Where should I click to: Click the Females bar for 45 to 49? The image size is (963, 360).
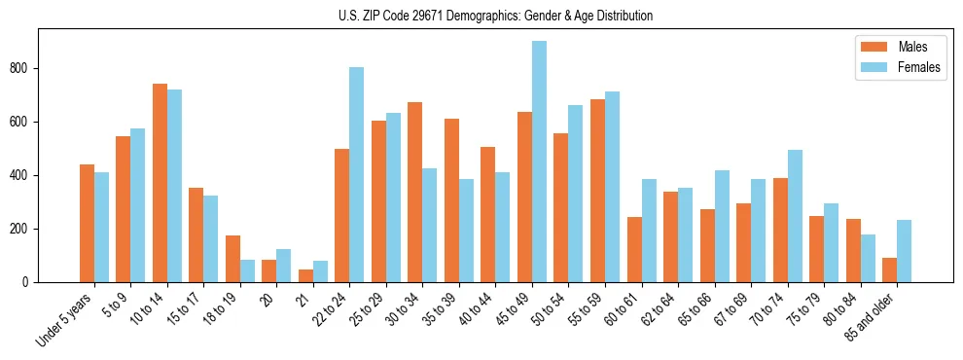(x=539, y=162)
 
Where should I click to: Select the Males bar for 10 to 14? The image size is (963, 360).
(x=160, y=183)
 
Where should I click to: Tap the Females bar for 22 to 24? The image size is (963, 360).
(x=357, y=175)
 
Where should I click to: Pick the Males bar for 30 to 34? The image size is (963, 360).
(x=415, y=193)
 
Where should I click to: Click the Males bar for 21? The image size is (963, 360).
(x=305, y=275)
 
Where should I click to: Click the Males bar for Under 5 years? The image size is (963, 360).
(x=87, y=224)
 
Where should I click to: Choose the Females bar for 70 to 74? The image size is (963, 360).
(x=795, y=216)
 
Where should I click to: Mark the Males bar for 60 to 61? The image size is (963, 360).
(x=634, y=250)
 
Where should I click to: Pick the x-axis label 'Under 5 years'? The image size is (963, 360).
(x=65, y=319)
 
